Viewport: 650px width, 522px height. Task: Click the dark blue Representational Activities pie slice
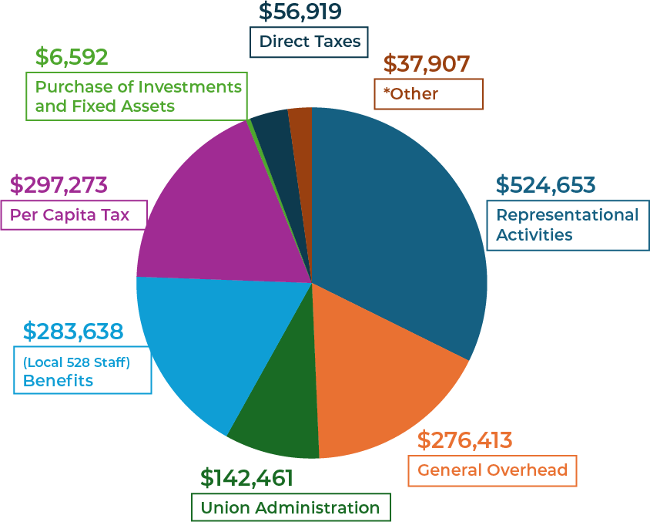(400, 231)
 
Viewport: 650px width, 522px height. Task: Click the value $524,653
(545, 186)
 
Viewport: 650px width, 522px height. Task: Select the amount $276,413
(464, 440)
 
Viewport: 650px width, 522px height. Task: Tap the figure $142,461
(246, 478)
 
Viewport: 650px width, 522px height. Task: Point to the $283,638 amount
(73, 332)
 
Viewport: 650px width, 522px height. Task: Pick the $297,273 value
(59, 185)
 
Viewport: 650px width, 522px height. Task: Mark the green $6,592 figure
(72, 57)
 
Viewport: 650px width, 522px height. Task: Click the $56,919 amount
(300, 12)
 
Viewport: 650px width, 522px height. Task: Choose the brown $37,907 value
(427, 64)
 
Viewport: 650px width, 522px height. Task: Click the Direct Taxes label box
(310, 42)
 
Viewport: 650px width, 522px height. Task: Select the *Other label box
(428, 94)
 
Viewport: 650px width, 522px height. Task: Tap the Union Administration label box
(290, 507)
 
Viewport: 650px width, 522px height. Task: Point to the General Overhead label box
(492, 470)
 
